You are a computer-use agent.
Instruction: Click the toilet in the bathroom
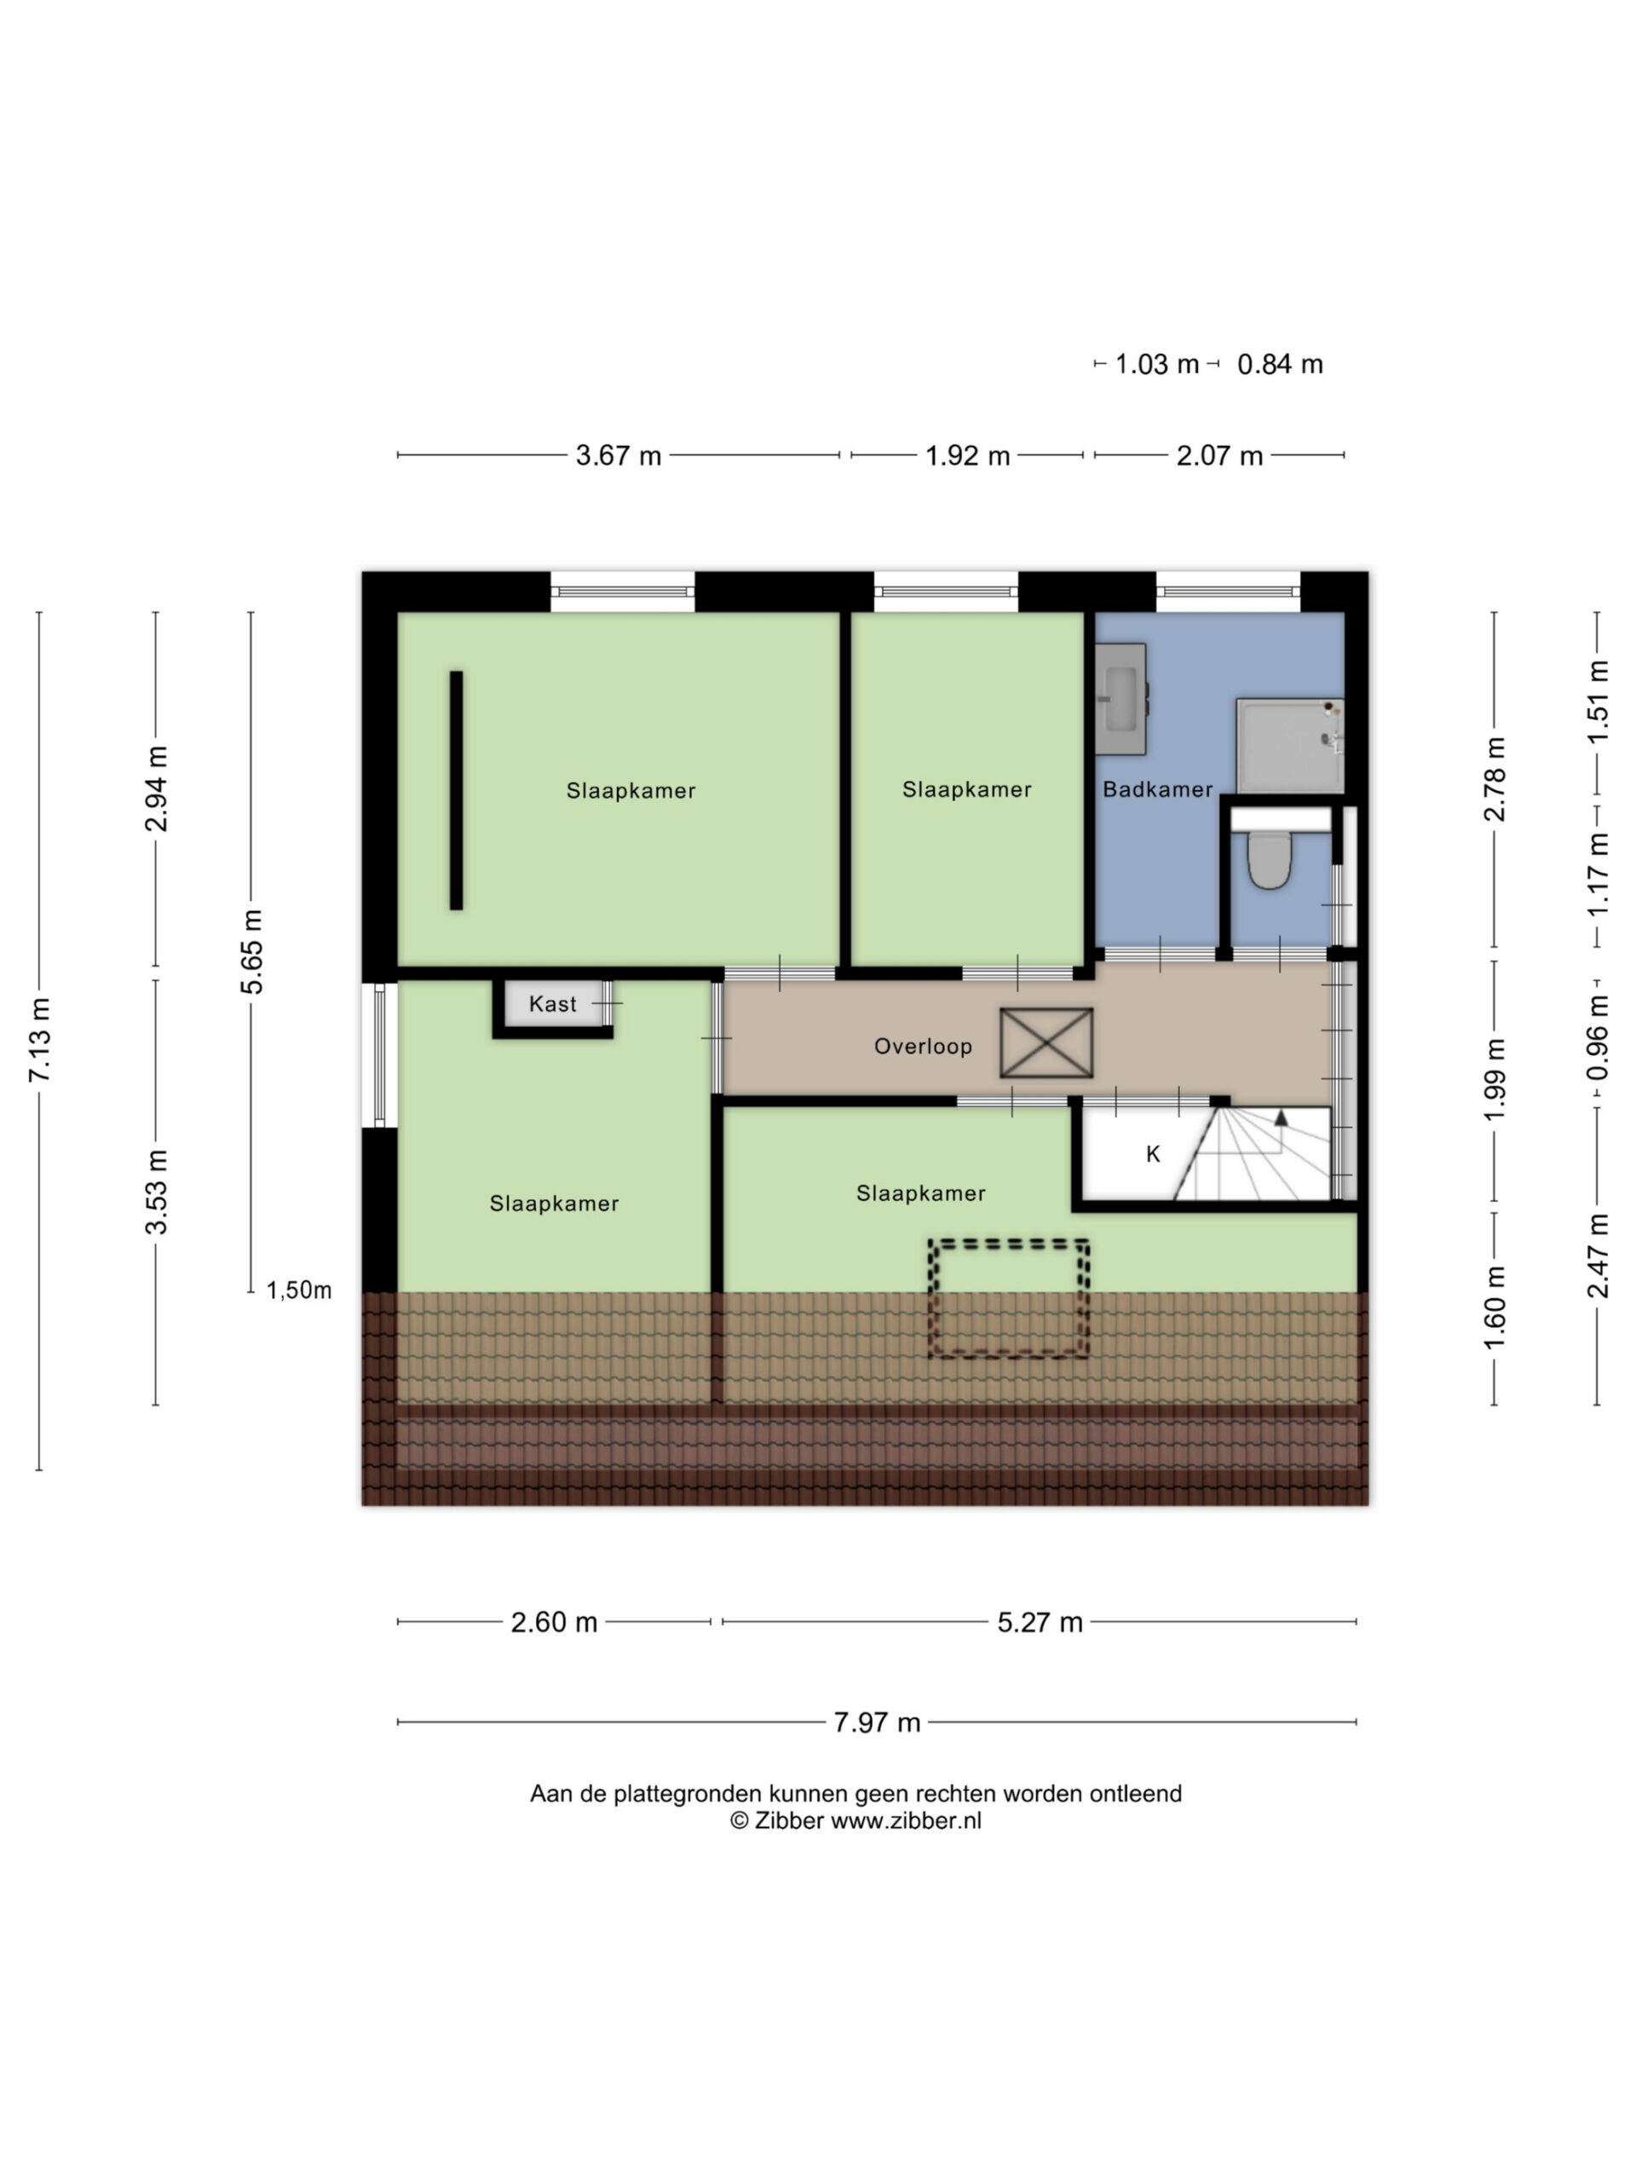1267,858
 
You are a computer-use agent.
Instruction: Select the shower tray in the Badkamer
1290,746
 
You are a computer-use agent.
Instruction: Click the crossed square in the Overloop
1046,1042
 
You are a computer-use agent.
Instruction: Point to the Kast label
552,1004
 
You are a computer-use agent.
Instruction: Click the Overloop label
923,1047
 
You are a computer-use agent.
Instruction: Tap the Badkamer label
1158,789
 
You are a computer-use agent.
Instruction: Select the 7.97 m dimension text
877,1723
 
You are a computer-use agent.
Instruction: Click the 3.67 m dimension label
619,456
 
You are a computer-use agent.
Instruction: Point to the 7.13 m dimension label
39,1040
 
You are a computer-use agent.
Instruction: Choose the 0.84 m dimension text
1280,365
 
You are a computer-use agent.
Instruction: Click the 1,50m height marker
299,1290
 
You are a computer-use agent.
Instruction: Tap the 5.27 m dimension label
1040,1623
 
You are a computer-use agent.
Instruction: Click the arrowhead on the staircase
1281,1117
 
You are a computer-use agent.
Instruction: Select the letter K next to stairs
1153,1154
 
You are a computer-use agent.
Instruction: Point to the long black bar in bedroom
457,790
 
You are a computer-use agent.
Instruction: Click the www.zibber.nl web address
905,1821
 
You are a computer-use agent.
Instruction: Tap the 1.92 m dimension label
967,456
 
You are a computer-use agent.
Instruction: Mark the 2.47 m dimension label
1598,1255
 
